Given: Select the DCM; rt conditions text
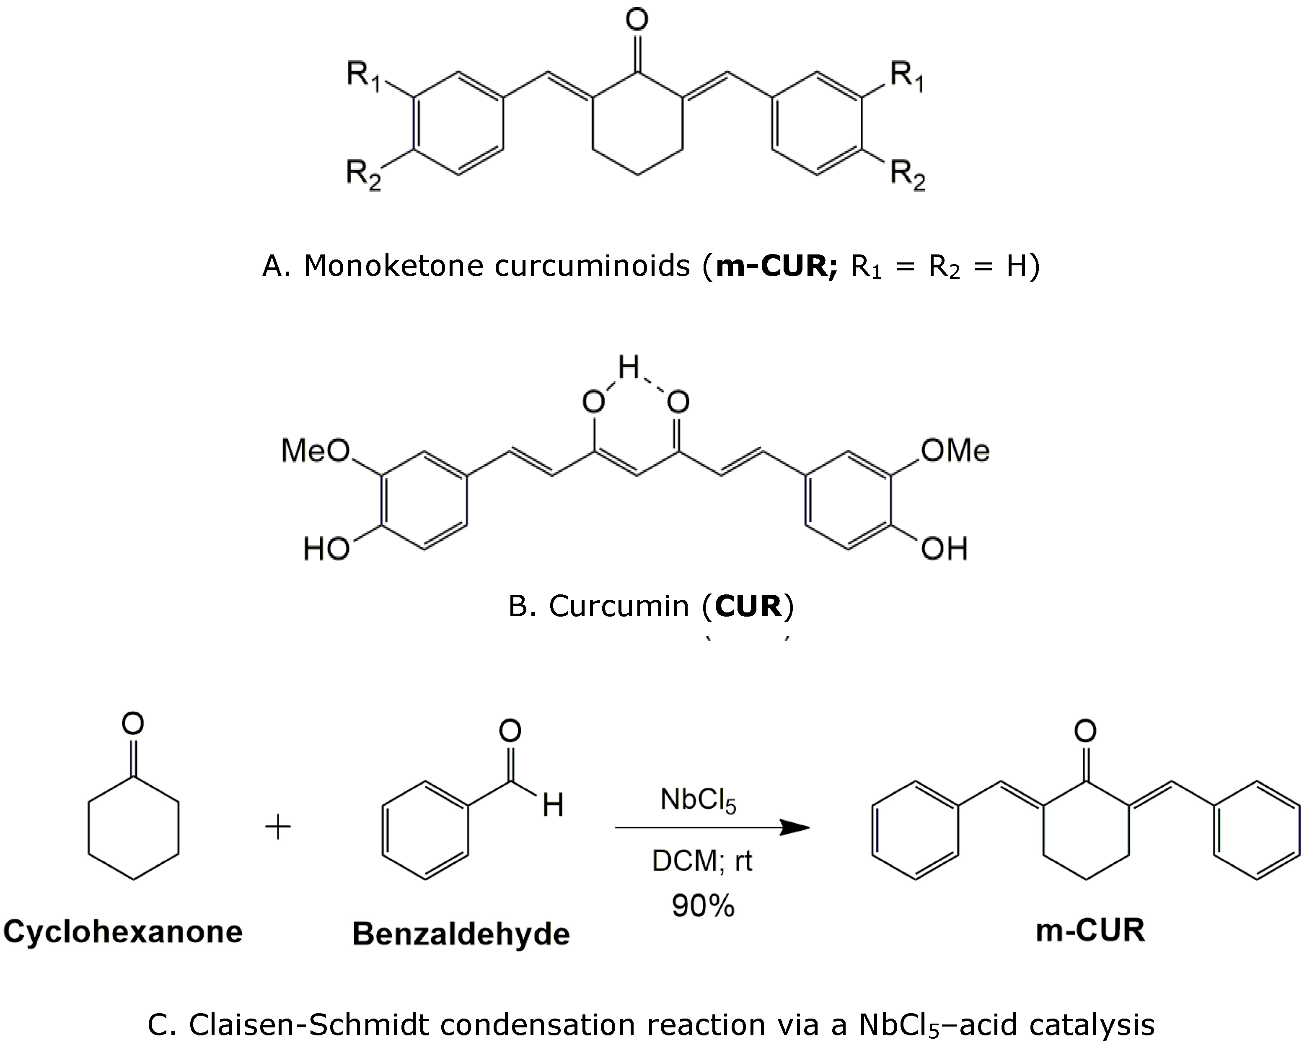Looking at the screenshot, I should click(702, 861).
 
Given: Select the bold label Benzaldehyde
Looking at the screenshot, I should click(461, 933).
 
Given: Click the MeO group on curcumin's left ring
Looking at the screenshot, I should click(315, 451).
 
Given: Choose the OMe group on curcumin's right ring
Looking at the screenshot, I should click(955, 451).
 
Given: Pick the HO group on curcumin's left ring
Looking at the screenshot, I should click(326, 549).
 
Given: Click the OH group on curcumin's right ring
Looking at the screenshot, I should click(944, 549).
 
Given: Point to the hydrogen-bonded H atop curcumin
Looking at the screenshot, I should click(629, 367).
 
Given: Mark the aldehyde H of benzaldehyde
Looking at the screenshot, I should click(553, 805).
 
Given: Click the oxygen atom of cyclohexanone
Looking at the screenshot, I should click(133, 723).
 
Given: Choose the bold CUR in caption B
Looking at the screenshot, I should click(748, 606).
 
